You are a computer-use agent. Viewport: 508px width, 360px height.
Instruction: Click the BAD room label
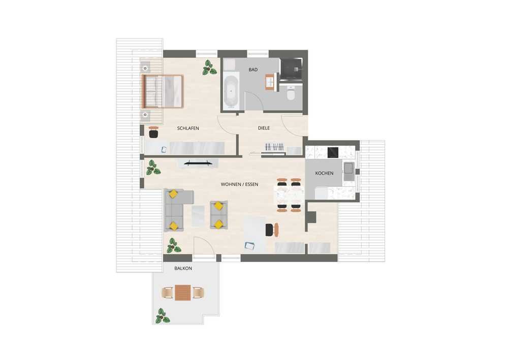click(x=253, y=70)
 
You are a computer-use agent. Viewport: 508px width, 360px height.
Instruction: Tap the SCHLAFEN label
click(x=188, y=128)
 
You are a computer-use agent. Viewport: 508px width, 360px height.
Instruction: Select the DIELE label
click(x=264, y=128)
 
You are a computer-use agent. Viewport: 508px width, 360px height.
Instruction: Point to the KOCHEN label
click(x=324, y=173)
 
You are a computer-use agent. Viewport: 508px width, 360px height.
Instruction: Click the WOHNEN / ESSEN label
click(x=239, y=184)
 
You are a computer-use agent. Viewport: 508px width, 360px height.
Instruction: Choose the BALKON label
click(x=183, y=269)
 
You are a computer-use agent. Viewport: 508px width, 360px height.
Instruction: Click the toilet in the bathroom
click(x=291, y=94)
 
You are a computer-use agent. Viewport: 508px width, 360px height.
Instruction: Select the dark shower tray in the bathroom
click(x=291, y=69)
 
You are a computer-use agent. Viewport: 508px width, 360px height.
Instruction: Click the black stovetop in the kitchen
click(x=333, y=152)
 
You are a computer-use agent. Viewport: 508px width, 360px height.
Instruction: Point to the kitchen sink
click(x=348, y=172)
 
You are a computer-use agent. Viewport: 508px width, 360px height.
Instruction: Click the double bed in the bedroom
click(x=163, y=91)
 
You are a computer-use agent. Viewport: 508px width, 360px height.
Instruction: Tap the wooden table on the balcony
click(x=183, y=292)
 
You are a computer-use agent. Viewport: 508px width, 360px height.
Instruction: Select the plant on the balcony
click(x=162, y=316)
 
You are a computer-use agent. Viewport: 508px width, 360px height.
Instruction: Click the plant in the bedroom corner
click(x=209, y=68)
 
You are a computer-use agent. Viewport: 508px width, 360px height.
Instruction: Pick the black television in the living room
click(x=199, y=163)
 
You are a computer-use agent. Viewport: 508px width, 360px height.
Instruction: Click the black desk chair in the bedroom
click(x=153, y=133)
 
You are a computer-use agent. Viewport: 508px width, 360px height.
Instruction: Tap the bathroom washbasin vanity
click(x=270, y=82)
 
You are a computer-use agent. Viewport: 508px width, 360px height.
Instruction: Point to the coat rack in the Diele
click(x=274, y=147)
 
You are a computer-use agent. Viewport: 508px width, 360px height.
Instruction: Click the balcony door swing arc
click(x=207, y=243)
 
